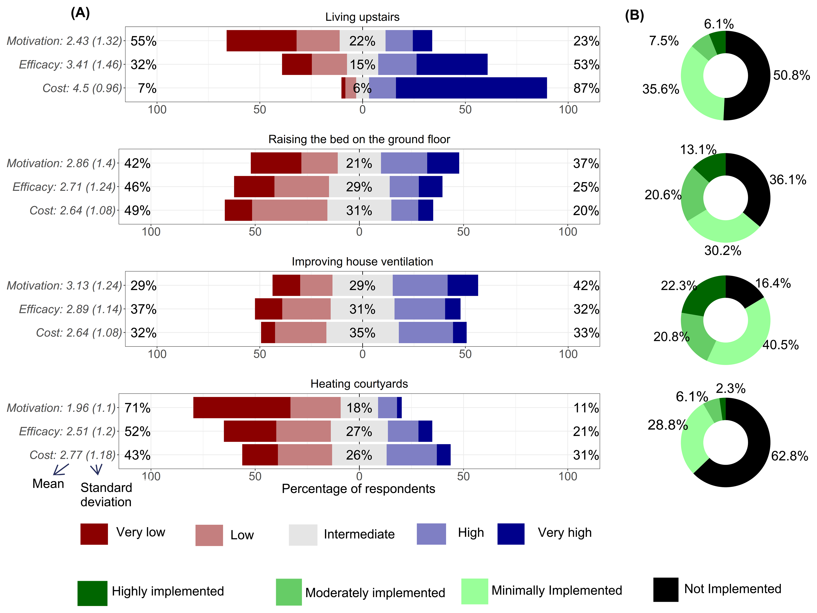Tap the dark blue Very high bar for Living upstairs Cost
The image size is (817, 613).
471,88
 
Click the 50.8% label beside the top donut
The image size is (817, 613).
791,75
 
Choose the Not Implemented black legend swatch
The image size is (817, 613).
666,590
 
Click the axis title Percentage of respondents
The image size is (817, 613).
358,489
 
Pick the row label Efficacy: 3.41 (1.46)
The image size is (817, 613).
70,65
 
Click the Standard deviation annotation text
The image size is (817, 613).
106,495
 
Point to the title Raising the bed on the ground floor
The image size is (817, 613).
359,139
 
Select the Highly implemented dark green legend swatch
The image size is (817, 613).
92,593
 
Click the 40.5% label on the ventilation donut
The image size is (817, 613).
780,345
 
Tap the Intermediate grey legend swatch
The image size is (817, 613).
303,535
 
